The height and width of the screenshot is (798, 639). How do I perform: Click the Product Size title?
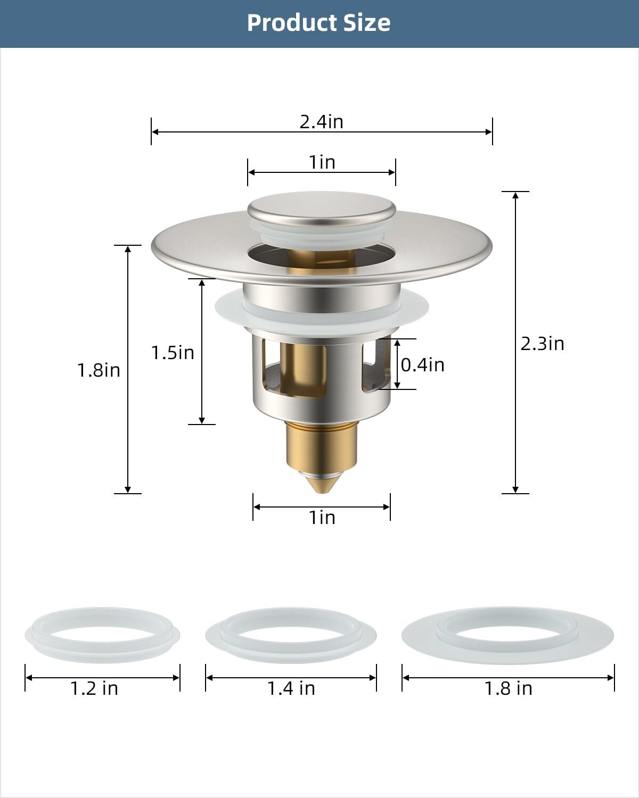318,23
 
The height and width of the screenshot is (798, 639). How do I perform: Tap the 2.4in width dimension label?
321,121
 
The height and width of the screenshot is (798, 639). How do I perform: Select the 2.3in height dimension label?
542,343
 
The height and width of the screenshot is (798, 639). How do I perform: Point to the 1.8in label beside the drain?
99,370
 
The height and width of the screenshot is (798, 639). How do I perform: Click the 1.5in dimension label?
173,352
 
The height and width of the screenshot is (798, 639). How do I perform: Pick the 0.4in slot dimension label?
422,364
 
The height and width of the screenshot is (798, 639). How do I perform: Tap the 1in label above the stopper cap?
322,162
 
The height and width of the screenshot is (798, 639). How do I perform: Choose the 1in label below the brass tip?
322,517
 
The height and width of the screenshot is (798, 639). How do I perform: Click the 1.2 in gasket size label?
94,688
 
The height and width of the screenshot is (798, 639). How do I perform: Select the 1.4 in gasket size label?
291,688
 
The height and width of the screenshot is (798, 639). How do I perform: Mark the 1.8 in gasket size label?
508,688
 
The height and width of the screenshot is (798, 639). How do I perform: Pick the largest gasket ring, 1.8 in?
508,633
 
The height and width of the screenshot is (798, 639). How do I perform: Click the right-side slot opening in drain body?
375,367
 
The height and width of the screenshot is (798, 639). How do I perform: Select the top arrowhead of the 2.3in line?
515,195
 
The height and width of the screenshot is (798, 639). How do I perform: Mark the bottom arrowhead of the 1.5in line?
202,420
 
